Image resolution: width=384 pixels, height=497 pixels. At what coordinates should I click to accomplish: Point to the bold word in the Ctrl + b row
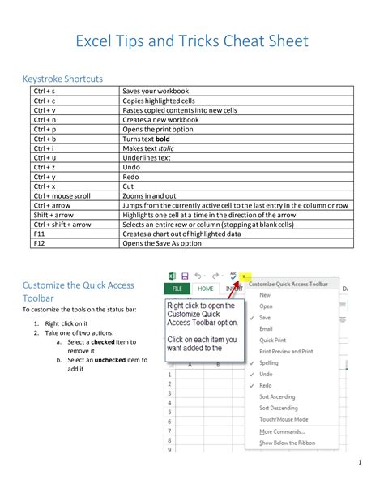[x=162, y=139]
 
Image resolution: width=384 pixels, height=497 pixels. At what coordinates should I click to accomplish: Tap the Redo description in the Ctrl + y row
[x=130, y=176]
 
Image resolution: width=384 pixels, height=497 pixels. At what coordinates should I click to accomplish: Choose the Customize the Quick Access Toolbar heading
[x=78, y=291]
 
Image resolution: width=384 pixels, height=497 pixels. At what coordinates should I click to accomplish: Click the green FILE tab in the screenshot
[x=177, y=288]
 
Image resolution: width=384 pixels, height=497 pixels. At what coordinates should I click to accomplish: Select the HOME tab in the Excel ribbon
[x=206, y=288]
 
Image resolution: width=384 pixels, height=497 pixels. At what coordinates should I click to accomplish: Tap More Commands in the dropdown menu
[x=283, y=431]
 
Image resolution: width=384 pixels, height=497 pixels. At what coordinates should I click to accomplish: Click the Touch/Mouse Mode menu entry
[x=284, y=419]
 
